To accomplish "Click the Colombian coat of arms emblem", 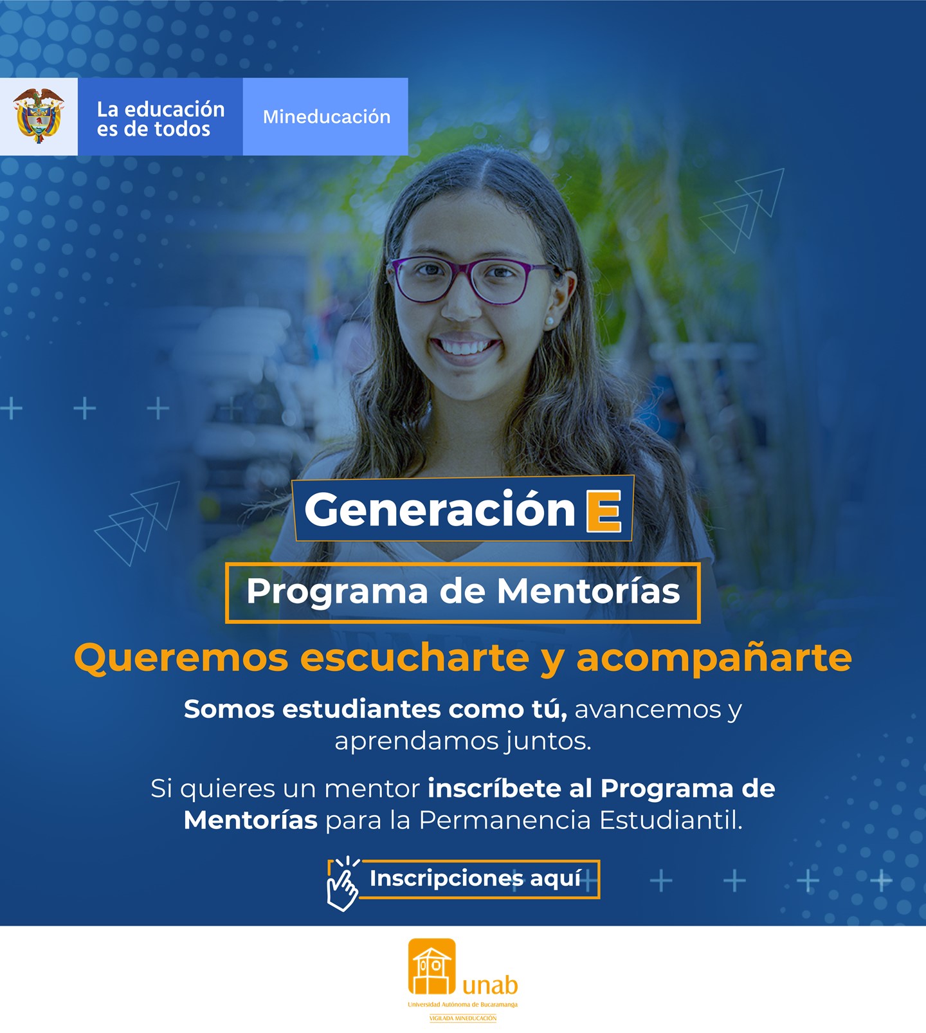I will coord(39,116).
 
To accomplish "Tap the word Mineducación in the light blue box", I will coord(326,117).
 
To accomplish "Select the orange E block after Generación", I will coord(604,511).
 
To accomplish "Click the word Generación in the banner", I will coord(440,509).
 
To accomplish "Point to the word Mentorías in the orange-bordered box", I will coord(588,591).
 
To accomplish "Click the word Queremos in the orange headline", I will coord(181,658).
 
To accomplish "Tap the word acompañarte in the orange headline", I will coord(714,658).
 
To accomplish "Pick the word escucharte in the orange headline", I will coord(415,658).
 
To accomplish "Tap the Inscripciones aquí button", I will coord(475,879).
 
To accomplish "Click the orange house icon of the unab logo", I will coord(431,967).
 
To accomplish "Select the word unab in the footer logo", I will coord(490,985).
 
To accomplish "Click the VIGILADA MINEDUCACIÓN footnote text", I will coord(463,1018).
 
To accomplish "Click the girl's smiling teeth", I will coord(464,347).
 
